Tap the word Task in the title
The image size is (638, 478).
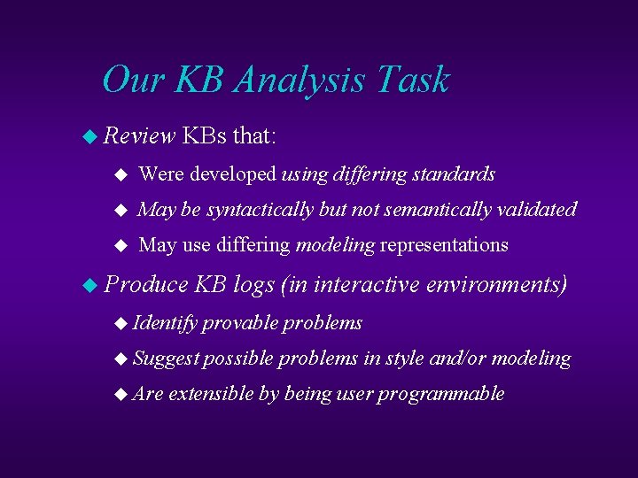pos(413,80)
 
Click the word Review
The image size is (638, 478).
pos(140,136)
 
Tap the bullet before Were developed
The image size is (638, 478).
pos(122,175)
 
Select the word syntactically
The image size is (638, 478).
pos(260,210)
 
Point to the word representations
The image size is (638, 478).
pos(444,245)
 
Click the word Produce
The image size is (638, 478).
pos(146,284)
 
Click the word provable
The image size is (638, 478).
pos(239,323)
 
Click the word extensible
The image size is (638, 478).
pos(211,394)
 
